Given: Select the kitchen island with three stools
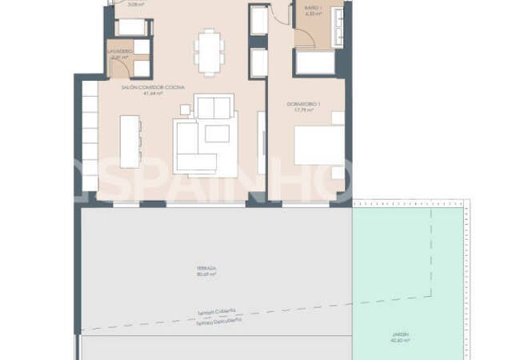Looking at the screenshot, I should (130, 142).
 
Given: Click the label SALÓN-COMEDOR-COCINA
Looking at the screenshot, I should (154, 86).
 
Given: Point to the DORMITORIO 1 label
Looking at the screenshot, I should (303, 104).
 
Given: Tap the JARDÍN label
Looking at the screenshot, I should (401, 334).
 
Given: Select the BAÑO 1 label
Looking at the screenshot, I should (312, 8).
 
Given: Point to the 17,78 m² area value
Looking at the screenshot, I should (303, 110).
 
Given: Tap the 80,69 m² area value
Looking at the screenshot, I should (206, 275).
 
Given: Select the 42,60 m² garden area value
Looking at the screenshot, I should (401, 340).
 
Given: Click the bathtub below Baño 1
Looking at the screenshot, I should (317, 62).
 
